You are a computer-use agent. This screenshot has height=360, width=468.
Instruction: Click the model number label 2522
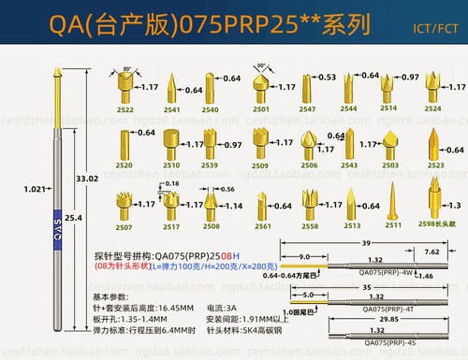pos(124,108)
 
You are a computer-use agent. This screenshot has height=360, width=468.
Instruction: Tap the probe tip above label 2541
pos(170,89)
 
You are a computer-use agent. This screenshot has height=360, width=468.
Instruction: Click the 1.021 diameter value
pos(34,189)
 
